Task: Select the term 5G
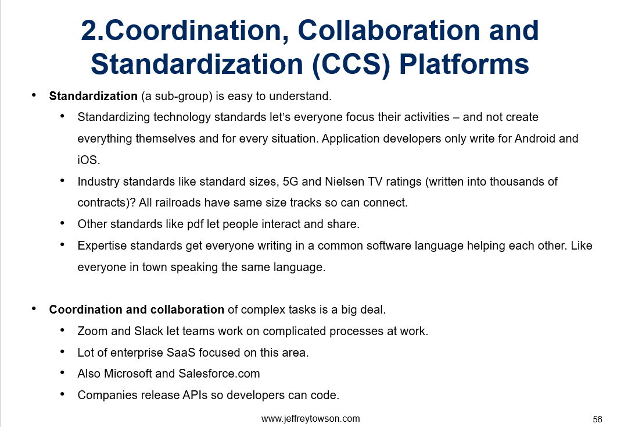coord(290,182)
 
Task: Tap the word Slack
coord(148,331)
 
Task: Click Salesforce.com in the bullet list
coord(219,373)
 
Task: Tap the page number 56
coord(597,419)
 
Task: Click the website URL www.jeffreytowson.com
coord(310,418)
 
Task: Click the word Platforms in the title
coord(464,64)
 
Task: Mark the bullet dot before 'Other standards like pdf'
coord(62,223)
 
